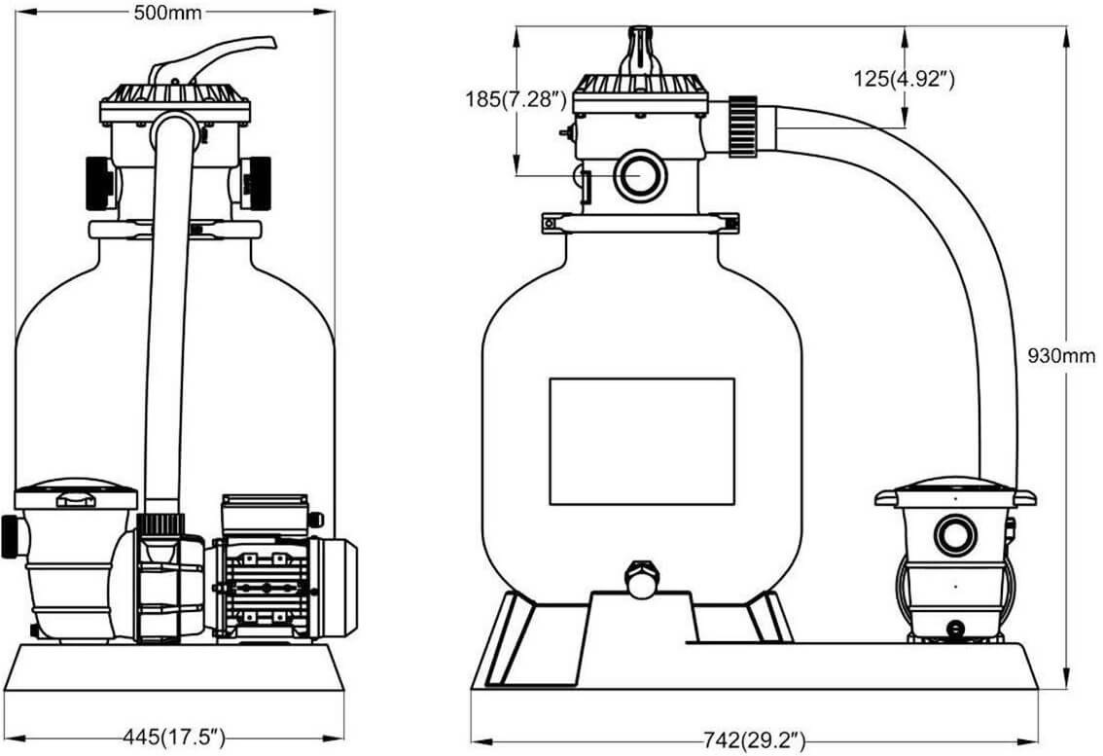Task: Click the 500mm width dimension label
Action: tap(168, 11)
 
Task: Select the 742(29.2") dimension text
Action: tap(754, 741)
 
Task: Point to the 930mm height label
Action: tap(1061, 356)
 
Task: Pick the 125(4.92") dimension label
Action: tap(904, 79)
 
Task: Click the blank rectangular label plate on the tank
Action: tap(641, 442)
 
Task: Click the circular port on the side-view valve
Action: tap(639, 175)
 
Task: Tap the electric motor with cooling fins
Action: tap(282, 587)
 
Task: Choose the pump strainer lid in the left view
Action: tap(76, 492)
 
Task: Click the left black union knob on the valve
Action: tap(99, 182)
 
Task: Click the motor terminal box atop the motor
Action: tap(265, 514)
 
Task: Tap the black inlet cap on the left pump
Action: tap(9, 537)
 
